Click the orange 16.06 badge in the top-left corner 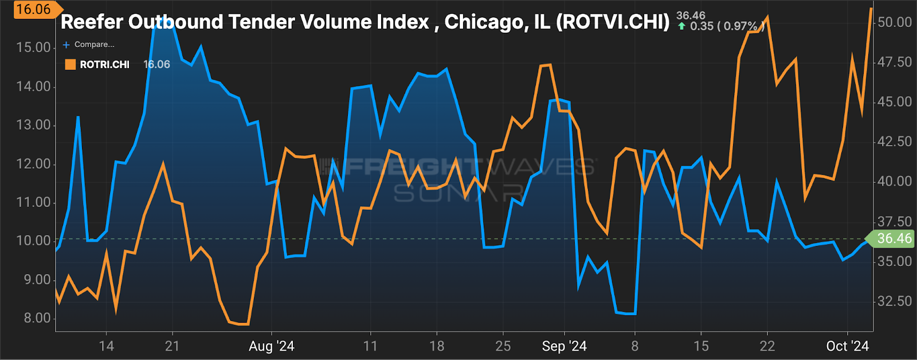pyautogui.click(x=33, y=10)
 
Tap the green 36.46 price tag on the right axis pyautogui.click(x=893, y=238)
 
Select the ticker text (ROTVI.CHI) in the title pyautogui.click(x=613, y=22)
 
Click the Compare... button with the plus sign pyautogui.click(x=89, y=44)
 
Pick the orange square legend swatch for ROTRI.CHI pyautogui.click(x=70, y=64)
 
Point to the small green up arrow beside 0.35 pyautogui.click(x=681, y=26)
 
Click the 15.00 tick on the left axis pyautogui.click(x=34, y=48)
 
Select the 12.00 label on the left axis pyautogui.click(x=34, y=164)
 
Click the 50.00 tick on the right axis pyautogui.click(x=895, y=22)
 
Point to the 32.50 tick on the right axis pyautogui.click(x=895, y=301)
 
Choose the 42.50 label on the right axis pyautogui.click(x=895, y=142)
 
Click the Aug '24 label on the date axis pyautogui.click(x=272, y=346)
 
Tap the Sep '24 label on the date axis pyautogui.click(x=565, y=346)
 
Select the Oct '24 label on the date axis pyautogui.click(x=848, y=346)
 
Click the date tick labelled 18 pyautogui.click(x=437, y=346)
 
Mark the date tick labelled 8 pyautogui.click(x=634, y=346)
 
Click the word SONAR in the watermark pyautogui.click(x=458, y=193)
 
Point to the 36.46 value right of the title pyautogui.click(x=691, y=15)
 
